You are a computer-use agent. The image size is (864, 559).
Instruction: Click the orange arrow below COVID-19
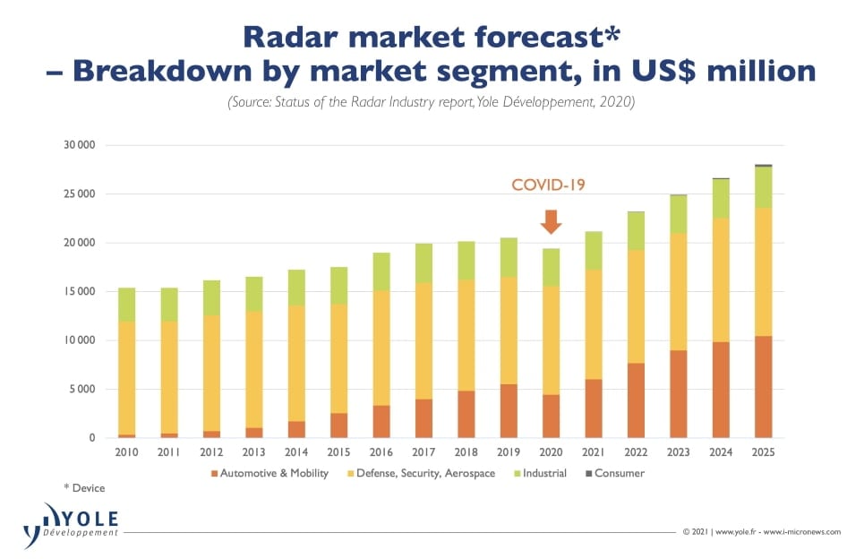[x=552, y=220]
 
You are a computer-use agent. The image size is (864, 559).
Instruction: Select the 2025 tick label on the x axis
[x=763, y=453]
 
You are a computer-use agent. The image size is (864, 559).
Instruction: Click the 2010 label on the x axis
[x=127, y=453]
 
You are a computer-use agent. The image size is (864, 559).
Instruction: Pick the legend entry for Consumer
[x=619, y=473]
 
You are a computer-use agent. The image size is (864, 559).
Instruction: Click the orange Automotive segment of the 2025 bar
[x=763, y=387]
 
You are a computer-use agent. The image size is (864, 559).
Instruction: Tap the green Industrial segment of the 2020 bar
[x=552, y=267]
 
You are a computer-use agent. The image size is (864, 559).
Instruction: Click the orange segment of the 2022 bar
[x=637, y=400]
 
